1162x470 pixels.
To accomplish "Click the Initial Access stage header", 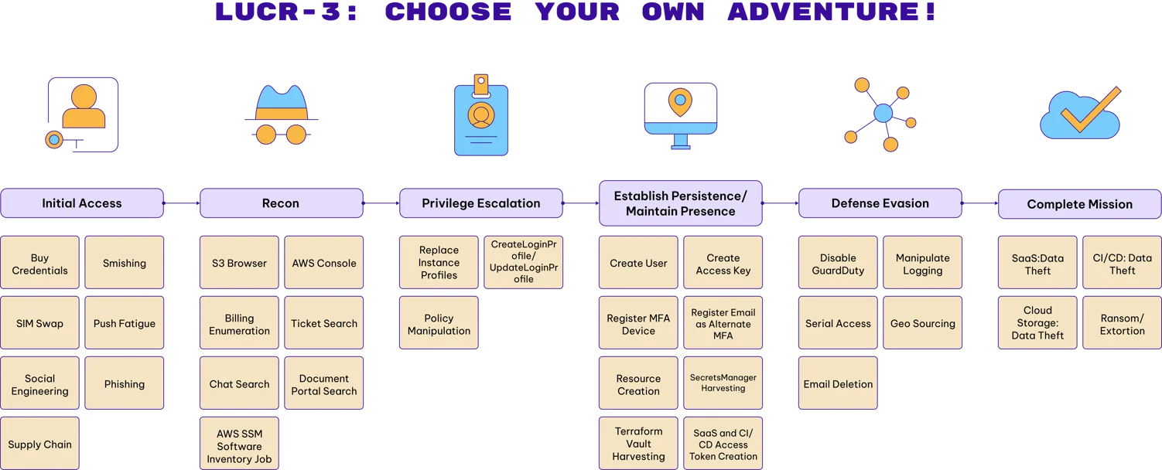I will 82,203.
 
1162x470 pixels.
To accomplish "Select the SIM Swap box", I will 39,323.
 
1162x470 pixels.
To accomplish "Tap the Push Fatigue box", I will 125,323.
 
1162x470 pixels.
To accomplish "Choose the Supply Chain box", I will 39,444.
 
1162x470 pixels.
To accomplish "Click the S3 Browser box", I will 239,263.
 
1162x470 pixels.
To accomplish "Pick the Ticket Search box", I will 324,323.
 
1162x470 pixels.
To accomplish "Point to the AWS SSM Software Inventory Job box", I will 239,445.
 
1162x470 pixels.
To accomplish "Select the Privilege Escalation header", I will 481,203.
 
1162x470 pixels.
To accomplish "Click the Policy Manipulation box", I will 439,324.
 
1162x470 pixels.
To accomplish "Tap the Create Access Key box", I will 723,264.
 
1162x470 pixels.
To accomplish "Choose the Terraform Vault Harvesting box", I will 638,444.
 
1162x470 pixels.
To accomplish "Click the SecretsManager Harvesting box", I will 723,383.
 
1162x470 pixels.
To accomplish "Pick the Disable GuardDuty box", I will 838,264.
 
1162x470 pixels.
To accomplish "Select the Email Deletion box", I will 838,383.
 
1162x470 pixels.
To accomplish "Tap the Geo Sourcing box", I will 923,323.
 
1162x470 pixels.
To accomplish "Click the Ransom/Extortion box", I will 1122,324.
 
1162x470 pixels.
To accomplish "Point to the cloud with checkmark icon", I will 1081,114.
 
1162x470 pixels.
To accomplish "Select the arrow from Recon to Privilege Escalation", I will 381,203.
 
